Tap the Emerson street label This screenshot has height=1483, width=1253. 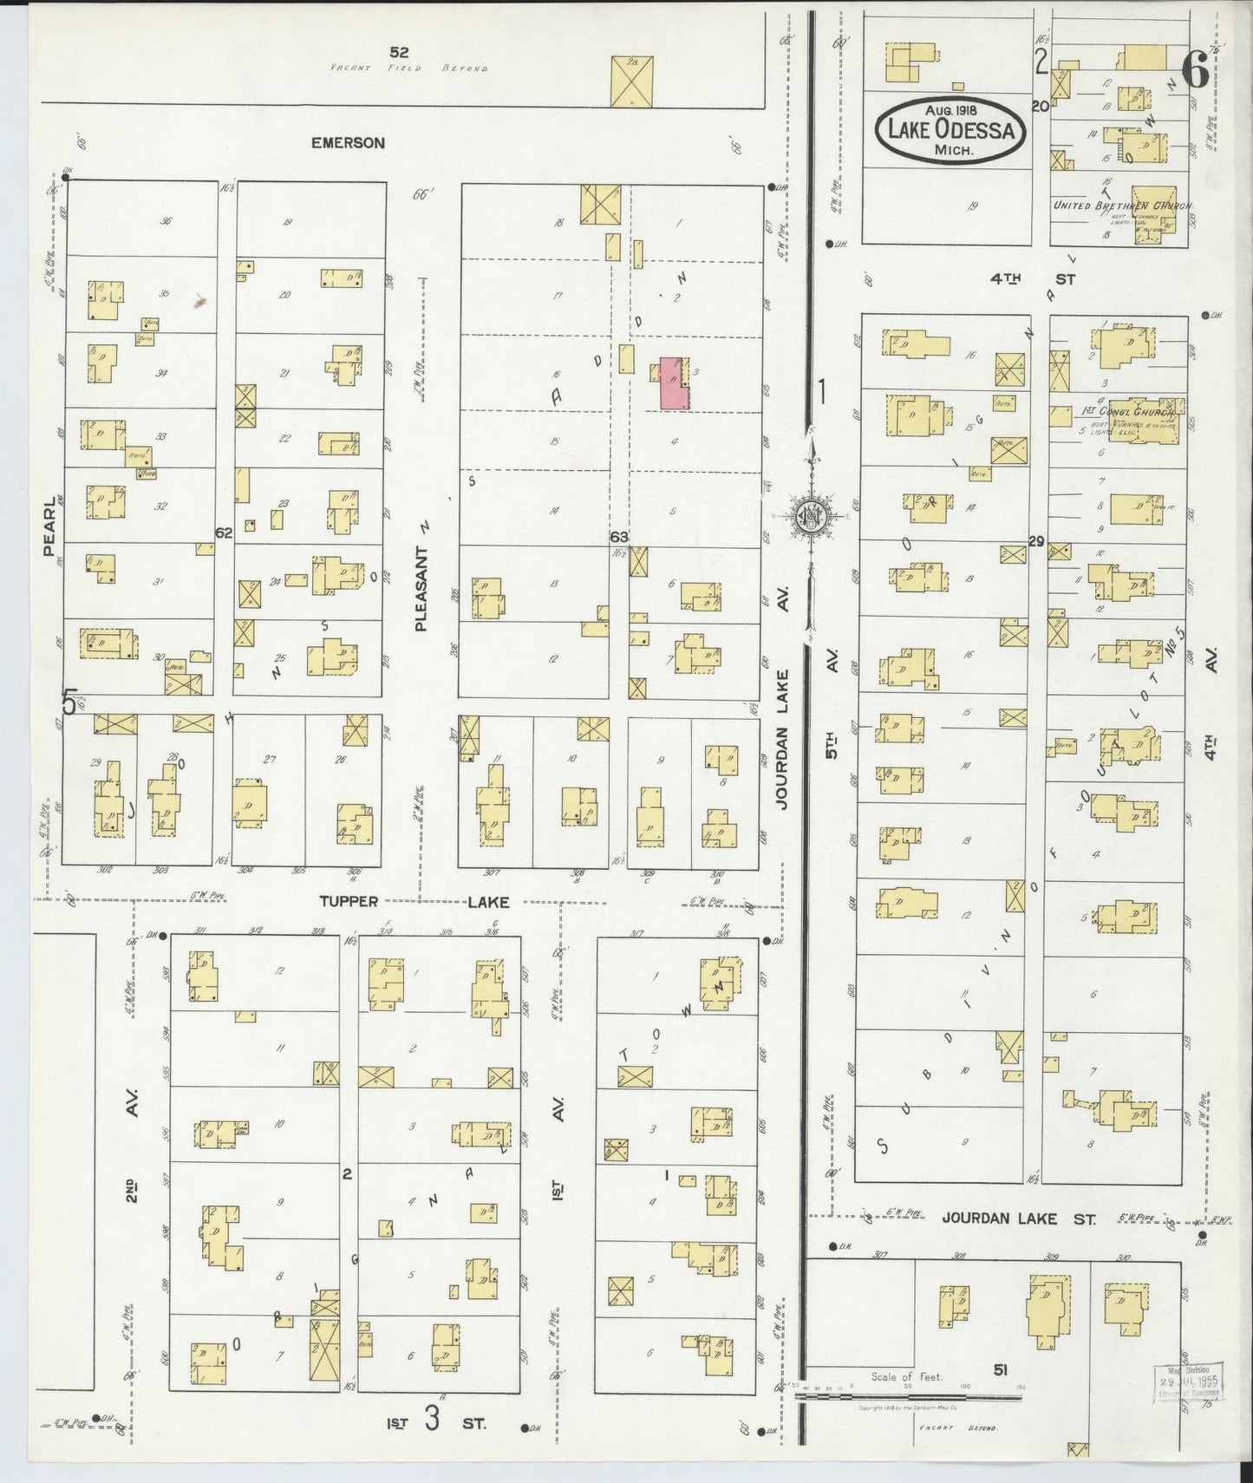348,142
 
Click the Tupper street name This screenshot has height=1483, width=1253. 349,901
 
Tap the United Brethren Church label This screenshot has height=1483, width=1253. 1122,206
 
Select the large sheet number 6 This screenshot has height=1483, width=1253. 1195,69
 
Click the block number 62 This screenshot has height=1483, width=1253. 224,533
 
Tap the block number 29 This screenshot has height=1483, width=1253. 1035,541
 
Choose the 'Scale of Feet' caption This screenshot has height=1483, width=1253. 906,1376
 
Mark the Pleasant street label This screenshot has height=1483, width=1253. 422,588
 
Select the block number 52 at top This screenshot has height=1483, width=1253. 399,52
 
